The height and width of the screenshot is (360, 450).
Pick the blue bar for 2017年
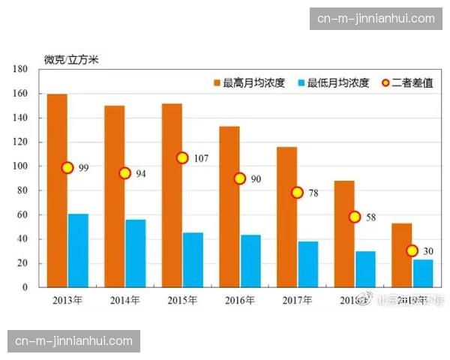click(x=308, y=264)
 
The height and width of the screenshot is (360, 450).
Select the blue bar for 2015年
click(x=193, y=259)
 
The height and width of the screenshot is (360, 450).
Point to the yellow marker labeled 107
click(x=182, y=158)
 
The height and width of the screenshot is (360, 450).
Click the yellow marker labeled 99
click(x=67, y=168)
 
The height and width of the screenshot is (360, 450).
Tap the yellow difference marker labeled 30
click(x=412, y=250)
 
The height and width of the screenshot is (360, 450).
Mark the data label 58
click(x=371, y=217)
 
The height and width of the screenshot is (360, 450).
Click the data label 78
click(x=313, y=193)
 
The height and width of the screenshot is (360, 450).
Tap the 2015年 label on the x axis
click(x=182, y=300)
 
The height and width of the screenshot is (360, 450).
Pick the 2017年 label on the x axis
click(x=297, y=300)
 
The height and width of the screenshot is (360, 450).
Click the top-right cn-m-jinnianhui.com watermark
click(x=376, y=19)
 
